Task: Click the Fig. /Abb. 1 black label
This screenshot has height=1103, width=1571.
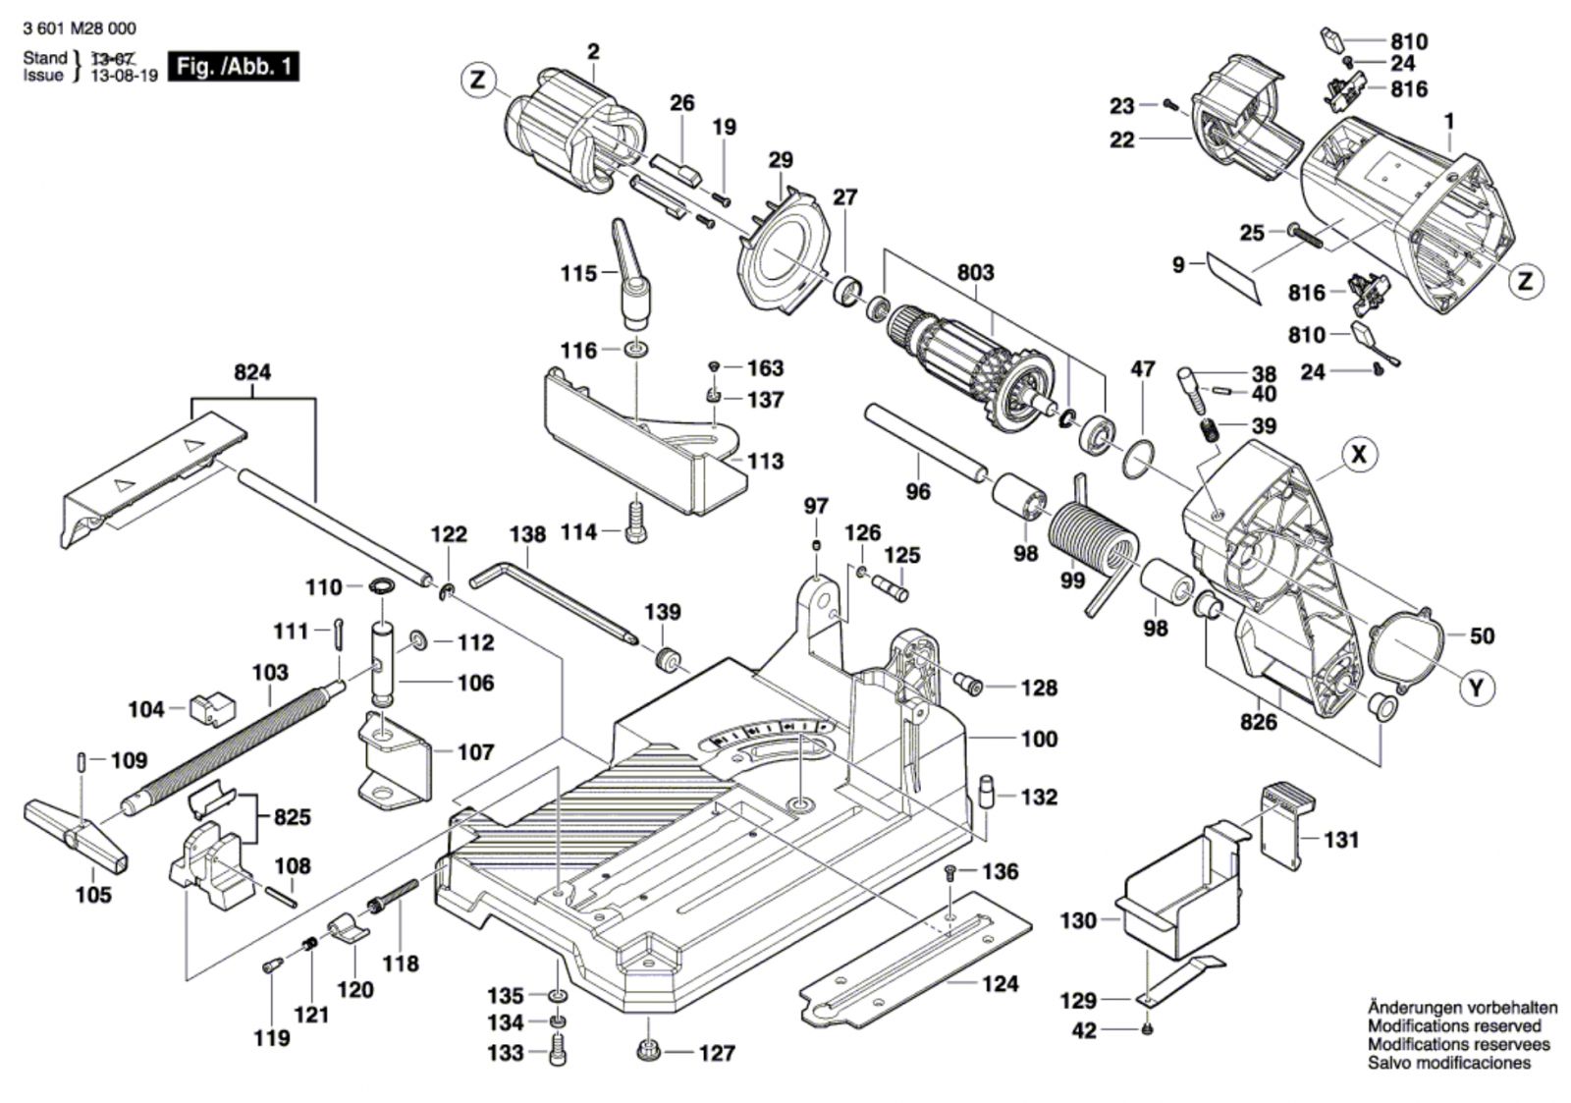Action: (x=233, y=67)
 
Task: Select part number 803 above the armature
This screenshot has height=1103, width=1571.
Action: (x=974, y=272)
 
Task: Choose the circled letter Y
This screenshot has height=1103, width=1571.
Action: (x=1476, y=689)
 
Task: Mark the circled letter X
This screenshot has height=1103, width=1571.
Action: (x=1359, y=455)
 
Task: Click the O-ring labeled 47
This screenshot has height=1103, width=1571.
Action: (x=1138, y=460)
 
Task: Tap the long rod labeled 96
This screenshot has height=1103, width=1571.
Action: (x=923, y=441)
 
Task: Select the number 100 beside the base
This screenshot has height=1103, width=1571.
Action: (x=1039, y=739)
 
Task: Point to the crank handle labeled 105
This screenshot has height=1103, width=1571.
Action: (x=74, y=834)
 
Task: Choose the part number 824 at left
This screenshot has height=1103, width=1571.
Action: (x=252, y=373)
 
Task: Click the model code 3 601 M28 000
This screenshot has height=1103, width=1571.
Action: (x=79, y=28)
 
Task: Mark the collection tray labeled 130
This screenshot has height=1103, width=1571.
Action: (x=1178, y=889)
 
